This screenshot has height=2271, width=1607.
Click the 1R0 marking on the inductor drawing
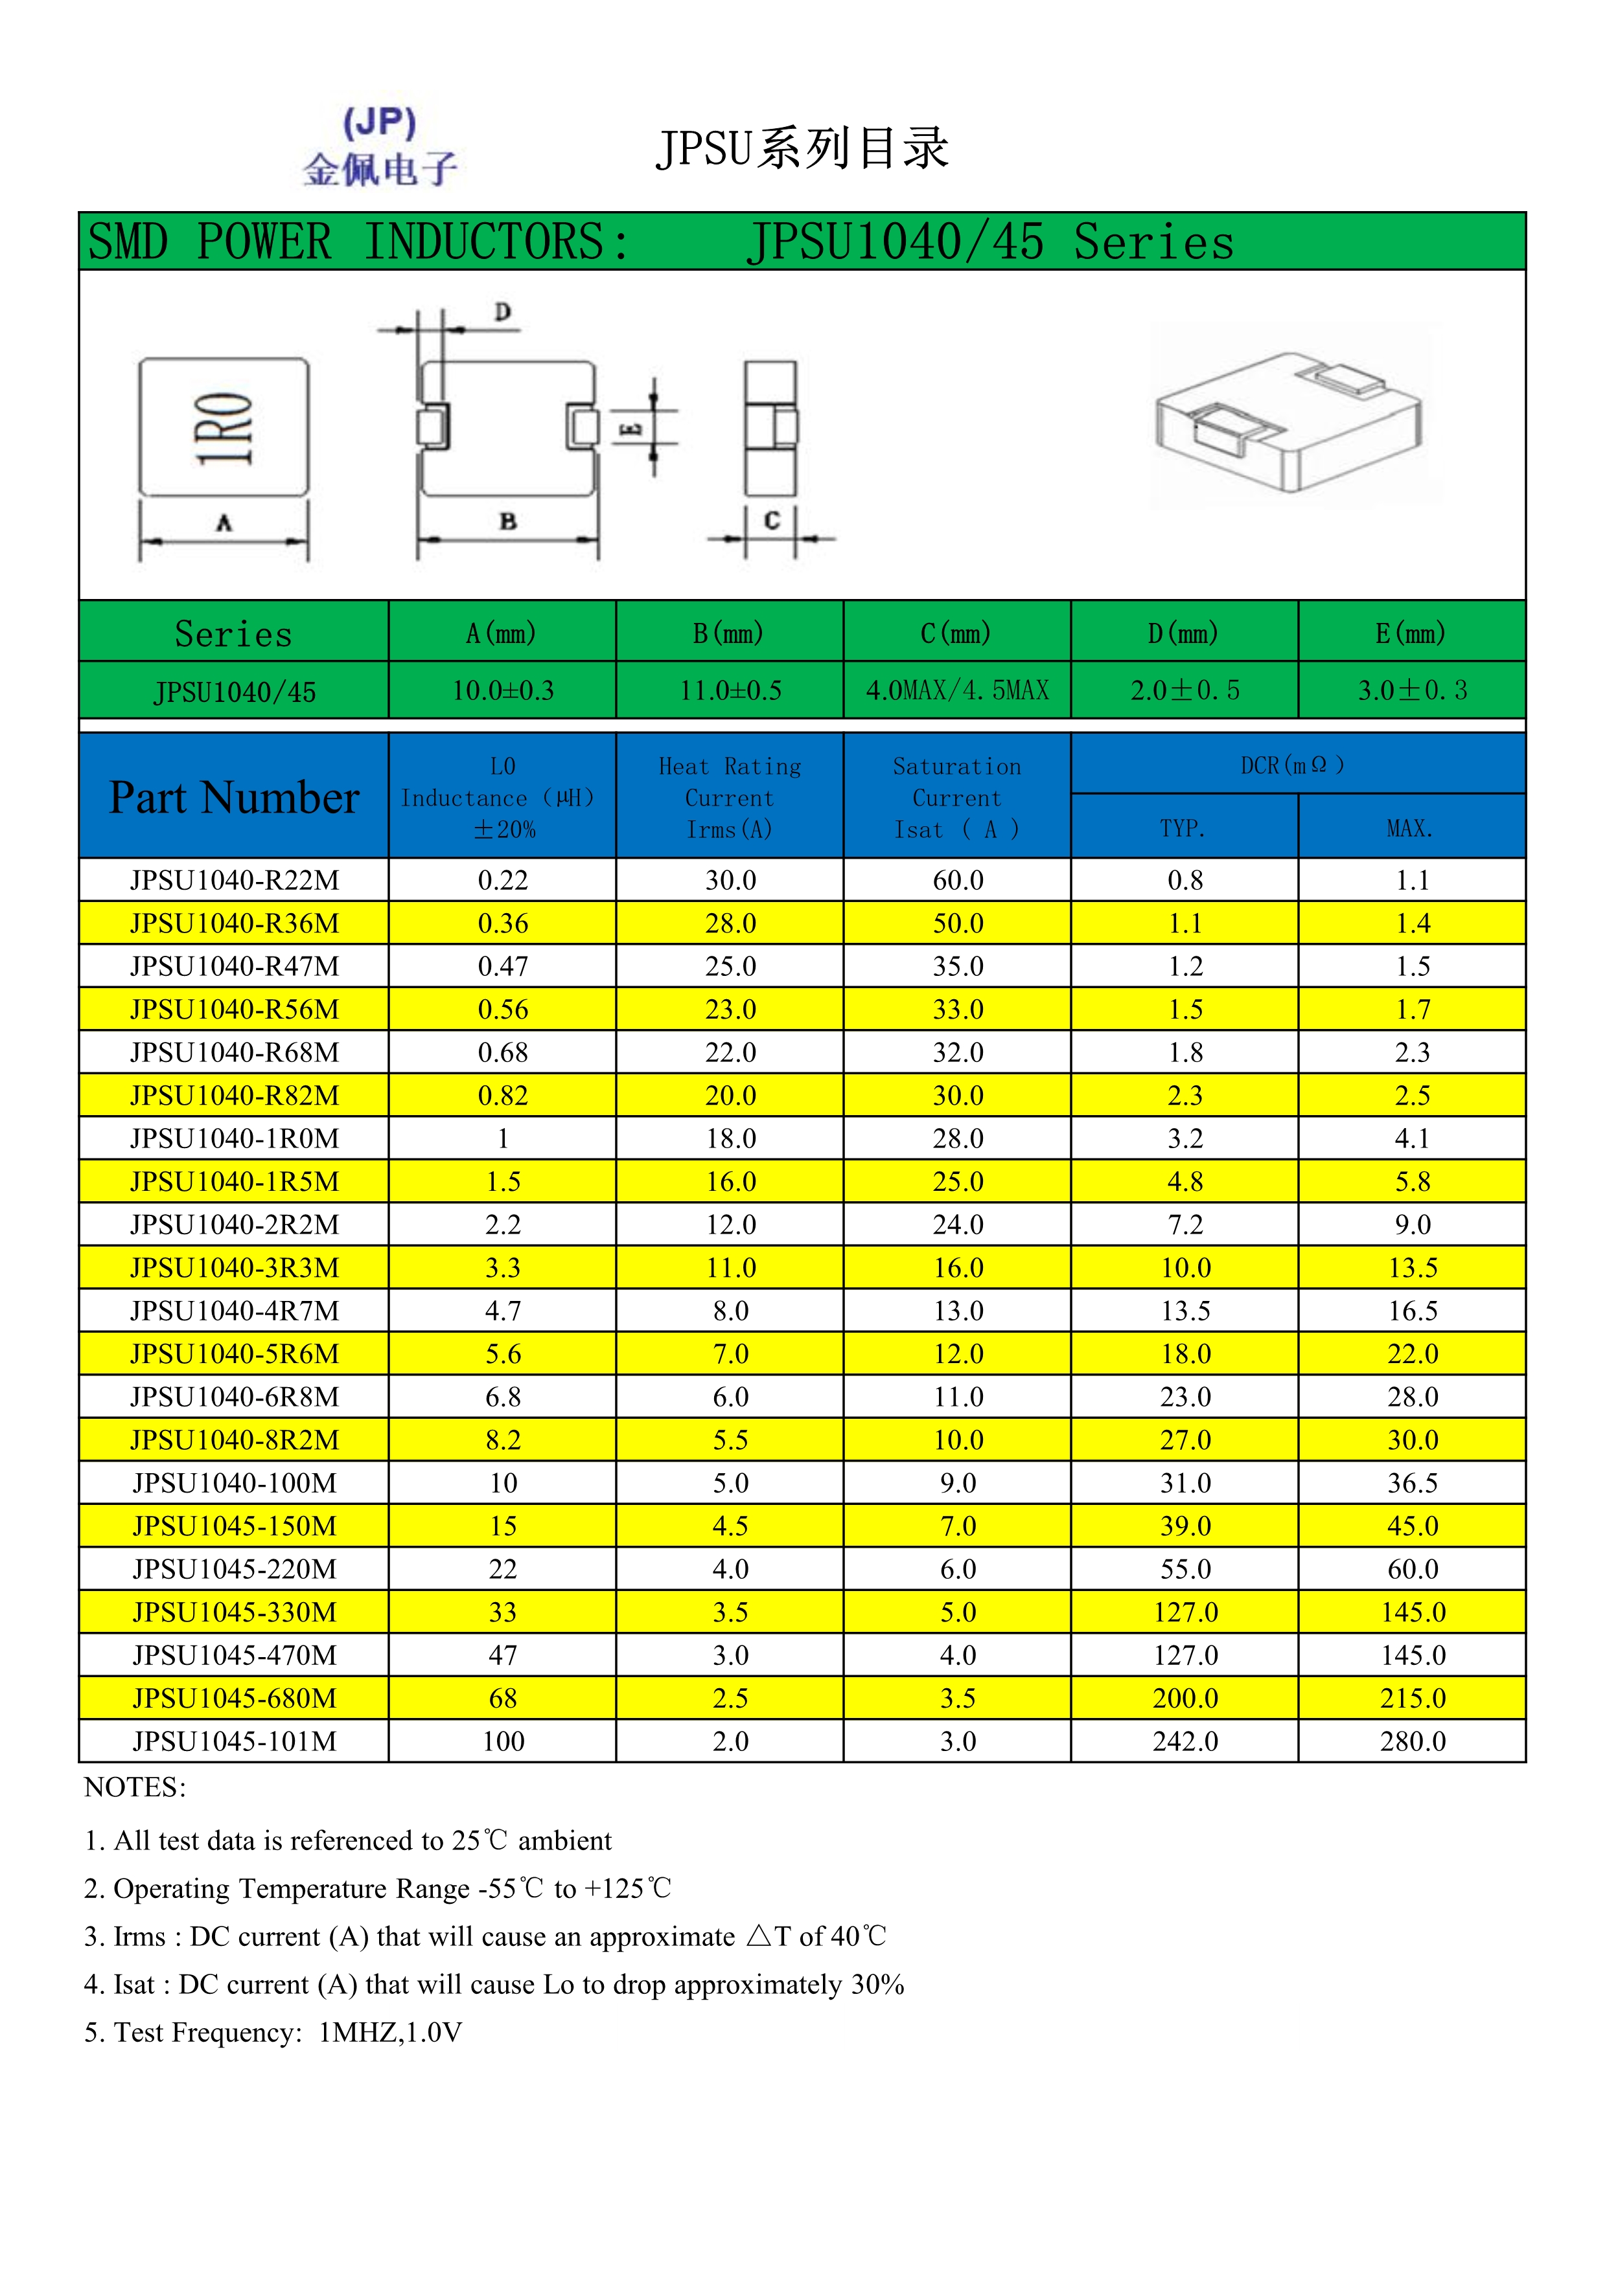pos(225,427)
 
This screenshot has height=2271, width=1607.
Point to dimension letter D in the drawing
pos(503,313)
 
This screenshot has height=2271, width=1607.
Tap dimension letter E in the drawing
pos(632,428)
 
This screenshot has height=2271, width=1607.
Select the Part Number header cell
pos(235,797)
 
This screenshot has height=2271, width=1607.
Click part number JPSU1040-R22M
pos(235,880)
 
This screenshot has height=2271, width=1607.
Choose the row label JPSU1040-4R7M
pos(235,1311)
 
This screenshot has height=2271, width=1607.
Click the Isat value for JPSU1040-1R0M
pos(958,1138)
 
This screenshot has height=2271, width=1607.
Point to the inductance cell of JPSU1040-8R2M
pos(503,1440)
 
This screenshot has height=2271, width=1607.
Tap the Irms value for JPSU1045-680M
pos(730,1699)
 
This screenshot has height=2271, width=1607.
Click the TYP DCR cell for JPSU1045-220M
pos(1185,1570)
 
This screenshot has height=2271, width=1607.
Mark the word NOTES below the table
pos(135,1787)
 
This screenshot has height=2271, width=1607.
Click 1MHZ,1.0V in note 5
pos(390,2033)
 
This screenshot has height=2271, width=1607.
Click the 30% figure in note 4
pos(877,1984)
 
